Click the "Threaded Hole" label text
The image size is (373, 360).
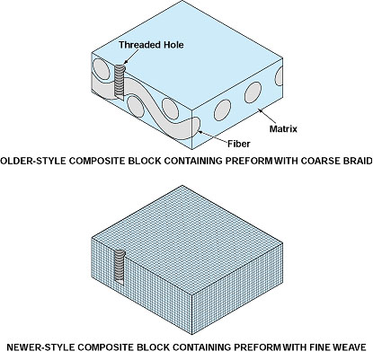coord(151,45)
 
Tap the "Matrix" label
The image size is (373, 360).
coord(283,129)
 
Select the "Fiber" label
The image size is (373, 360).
coord(238,144)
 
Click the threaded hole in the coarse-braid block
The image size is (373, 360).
coord(120,82)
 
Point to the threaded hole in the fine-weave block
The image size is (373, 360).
coord(120,267)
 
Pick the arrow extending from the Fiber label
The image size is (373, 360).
coord(212,136)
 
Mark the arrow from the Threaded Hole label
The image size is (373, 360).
coord(131,57)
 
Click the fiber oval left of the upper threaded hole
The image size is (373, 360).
coord(101,69)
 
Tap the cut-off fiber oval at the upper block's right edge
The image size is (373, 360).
coord(280,76)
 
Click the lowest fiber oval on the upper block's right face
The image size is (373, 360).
coord(222,110)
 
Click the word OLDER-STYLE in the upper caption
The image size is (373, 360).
coord(33,161)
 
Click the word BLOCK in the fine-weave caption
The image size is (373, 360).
coord(153,347)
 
